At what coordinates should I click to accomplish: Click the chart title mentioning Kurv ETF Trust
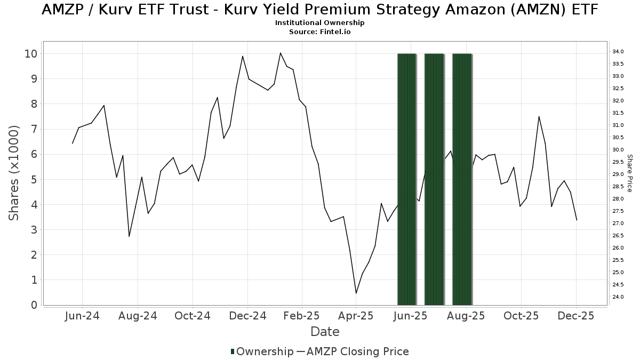click(x=319, y=10)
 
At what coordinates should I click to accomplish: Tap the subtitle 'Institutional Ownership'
click(x=319, y=23)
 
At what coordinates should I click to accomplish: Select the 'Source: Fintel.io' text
click(x=319, y=32)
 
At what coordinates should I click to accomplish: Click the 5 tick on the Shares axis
click(x=34, y=179)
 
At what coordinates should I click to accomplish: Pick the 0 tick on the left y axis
click(x=34, y=305)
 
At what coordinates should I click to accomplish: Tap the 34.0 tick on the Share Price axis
click(x=618, y=52)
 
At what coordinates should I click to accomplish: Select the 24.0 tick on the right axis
click(x=618, y=297)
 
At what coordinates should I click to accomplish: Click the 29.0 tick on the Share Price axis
click(x=618, y=174)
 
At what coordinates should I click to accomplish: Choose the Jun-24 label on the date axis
click(x=82, y=316)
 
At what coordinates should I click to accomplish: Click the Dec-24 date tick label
click(x=248, y=316)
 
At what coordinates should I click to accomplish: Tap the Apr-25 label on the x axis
click(x=356, y=316)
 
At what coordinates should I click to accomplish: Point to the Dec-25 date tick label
click(x=576, y=316)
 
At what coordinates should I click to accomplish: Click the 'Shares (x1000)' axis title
click(x=14, y=173)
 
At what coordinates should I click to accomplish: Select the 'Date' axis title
click(x=325, y=332)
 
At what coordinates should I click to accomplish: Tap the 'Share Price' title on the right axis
click(x=629, y=173)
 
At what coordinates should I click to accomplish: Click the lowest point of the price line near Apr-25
click(x=356, y=293)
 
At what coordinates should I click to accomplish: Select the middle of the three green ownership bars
click(x=434, y=179)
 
